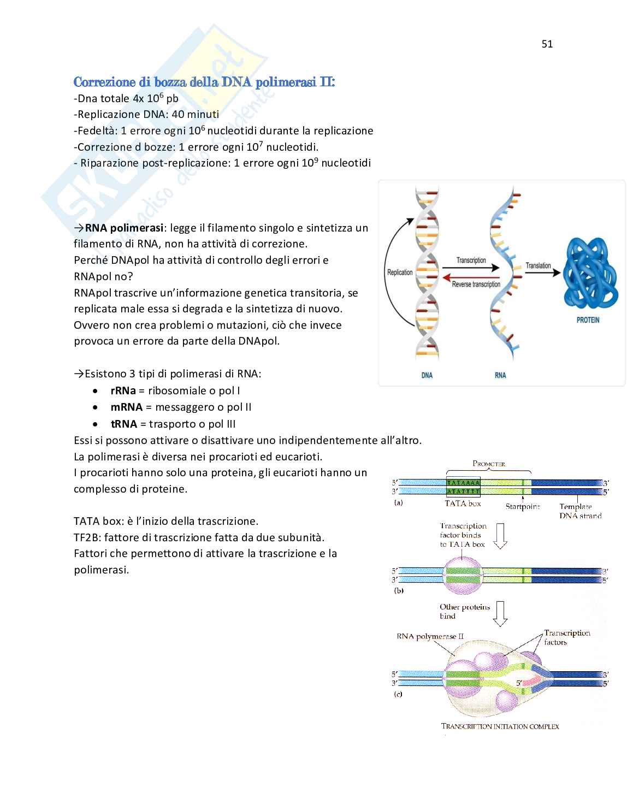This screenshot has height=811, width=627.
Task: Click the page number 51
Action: [x=547, y=44]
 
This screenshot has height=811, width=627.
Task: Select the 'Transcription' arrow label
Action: [x=471, y=260]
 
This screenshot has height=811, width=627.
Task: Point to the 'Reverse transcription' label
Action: [x=476, y=284]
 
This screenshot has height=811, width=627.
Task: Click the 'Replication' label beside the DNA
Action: [x=400, y=272]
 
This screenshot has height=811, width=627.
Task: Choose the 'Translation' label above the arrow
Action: [x=538, y=265]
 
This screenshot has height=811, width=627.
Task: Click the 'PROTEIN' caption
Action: [x=588, y=319]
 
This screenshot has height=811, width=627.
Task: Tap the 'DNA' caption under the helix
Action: [x=427, y=375]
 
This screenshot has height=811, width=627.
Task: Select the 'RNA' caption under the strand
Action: [x=500, y=375]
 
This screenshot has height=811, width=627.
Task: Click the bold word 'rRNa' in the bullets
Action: [x=123, y=390]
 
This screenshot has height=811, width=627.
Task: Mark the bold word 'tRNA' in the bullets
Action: [x=123, y=424]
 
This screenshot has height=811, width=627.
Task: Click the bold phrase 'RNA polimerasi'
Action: [x=124, y=228]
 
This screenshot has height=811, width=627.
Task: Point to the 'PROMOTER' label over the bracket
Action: [x=489, y=464]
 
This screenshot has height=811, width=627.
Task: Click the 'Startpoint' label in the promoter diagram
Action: [x=522, y=506]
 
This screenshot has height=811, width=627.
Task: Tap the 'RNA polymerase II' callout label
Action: [x=430, y=636]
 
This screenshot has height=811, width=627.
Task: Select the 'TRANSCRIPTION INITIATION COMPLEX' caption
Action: [x=500, y=726]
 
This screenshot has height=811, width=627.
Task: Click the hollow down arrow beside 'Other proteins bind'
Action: [x=500, y=613]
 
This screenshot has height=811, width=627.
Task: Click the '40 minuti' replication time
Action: [x=195, y=114]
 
